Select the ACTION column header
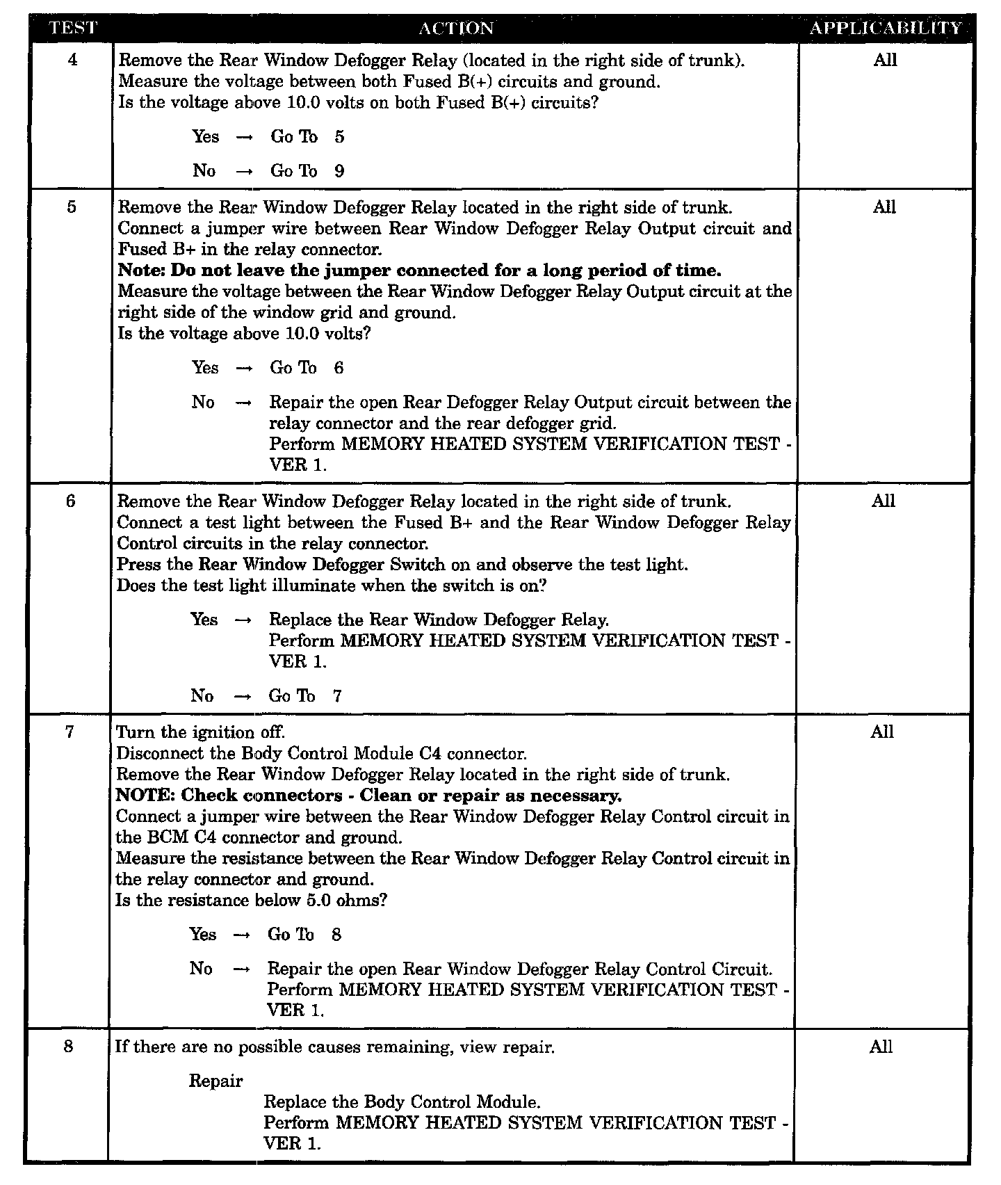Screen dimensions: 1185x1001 [456, 29]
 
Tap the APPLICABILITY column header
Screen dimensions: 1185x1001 [885, 29]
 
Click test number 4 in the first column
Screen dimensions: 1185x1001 [73, 60]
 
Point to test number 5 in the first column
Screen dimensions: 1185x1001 [72, 207]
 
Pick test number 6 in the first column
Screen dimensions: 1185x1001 [71, 501]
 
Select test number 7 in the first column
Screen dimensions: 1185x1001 [70, 732]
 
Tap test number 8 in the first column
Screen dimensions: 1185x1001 [68, 1047]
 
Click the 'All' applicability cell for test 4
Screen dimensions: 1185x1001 [885, 60]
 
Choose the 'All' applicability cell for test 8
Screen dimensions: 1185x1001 [881, 1047]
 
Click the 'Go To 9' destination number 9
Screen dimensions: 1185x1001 [339, 171]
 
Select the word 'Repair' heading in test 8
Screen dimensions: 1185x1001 [215, 1081]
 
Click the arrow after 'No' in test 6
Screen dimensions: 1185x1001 [242, 697]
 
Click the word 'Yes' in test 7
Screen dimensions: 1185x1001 [203, 934]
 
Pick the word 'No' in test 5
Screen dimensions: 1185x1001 [203, 402]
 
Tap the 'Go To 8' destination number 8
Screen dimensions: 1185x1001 [336, 934]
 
